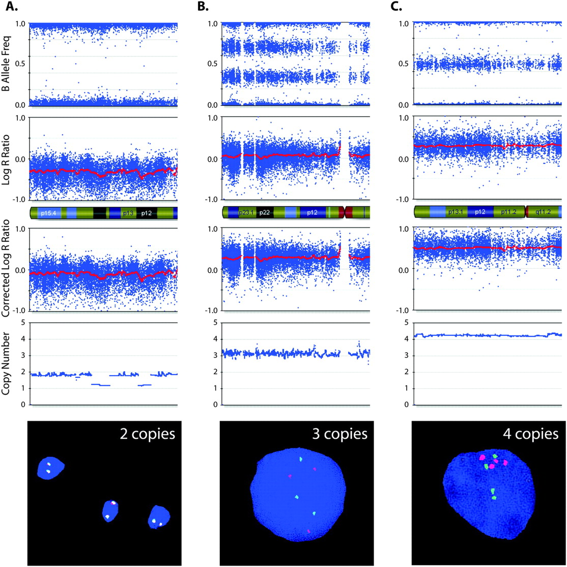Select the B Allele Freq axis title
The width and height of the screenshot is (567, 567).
8,64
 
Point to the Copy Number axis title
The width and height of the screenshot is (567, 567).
8,364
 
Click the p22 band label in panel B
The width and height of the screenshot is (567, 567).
264,213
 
